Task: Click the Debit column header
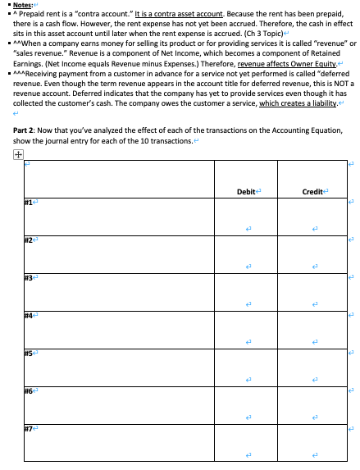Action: click(245, 191)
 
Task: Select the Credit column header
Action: click(312, 191)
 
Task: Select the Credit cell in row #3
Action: click(312, 292)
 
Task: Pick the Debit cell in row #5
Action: click(245, 367)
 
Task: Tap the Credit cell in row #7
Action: click(312, 443)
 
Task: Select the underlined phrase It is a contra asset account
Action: click(192, 17)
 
